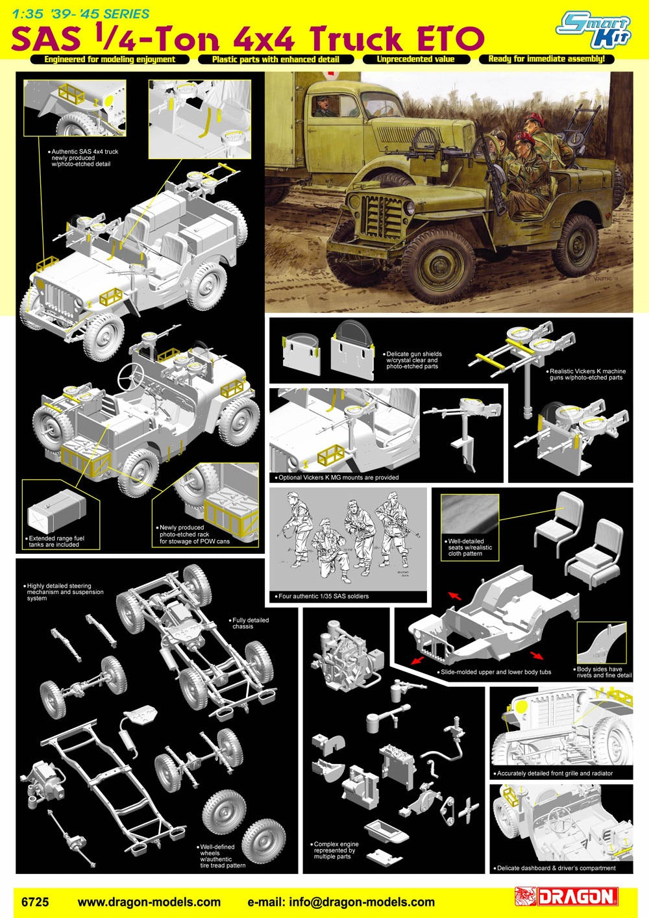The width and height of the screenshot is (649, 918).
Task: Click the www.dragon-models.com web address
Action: click(x=149, y=902)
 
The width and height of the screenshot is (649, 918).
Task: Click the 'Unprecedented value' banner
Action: click(x=415, y=59)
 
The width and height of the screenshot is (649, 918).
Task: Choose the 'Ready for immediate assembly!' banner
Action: click(x=546, y=58)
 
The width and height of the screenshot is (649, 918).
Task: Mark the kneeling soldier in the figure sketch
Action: click(x=329, y=549)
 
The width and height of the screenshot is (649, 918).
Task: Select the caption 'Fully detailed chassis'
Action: click(x=251, y=623)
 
